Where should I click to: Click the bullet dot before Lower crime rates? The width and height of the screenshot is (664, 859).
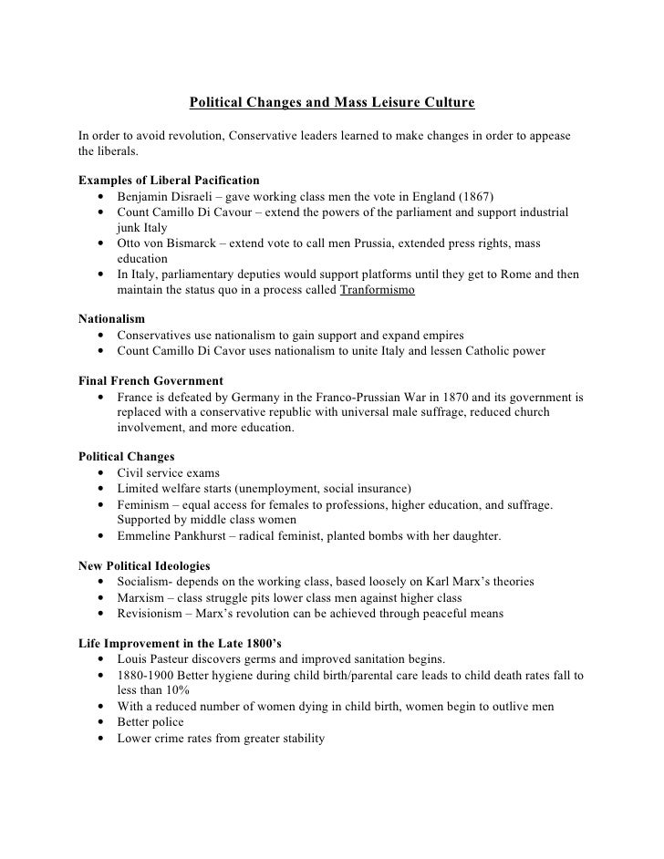pyautogui.click(x=98, y=739)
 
